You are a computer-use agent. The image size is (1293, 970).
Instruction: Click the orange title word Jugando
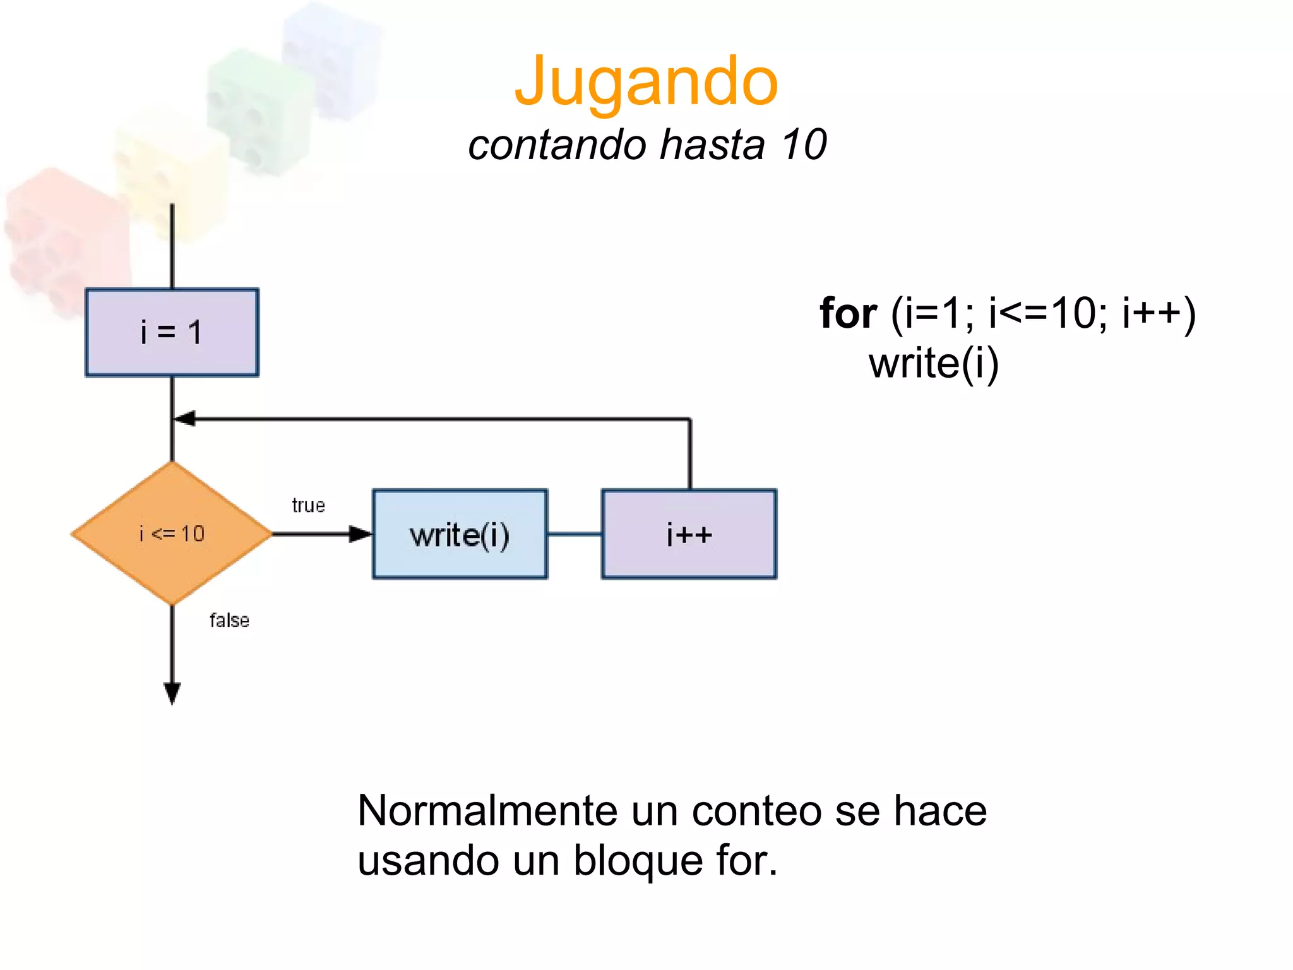(x=646, y=82)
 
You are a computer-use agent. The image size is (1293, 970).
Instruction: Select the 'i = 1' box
(x=172, y=333)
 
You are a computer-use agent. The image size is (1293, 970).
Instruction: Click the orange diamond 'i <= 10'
(x=172, y=534)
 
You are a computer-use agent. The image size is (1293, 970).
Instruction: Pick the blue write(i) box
(x=460, y=534)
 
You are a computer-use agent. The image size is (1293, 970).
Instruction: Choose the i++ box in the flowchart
(x=689, y=534)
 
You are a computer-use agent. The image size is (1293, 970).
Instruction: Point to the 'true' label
(x=308, y=505)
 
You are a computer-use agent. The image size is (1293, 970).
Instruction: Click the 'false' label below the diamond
(x=229, y=620)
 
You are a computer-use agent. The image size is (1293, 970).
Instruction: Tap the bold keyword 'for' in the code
(x=848, y=313)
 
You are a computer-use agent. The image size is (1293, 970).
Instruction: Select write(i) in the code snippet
(x=933, y=364)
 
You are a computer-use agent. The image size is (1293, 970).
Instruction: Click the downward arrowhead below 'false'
(x=172, y=693)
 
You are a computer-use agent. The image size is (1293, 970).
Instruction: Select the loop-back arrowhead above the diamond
(x=184, y=419)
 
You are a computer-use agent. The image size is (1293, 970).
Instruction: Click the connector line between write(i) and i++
(x=575, y=534)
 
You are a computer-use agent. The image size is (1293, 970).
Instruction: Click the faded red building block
(x=63, y=240)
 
